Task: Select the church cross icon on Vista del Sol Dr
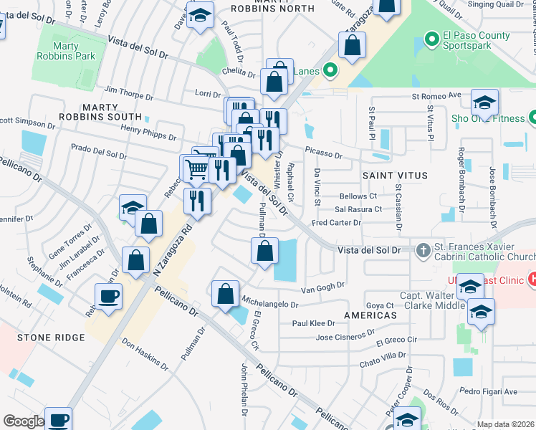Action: click(423, 250)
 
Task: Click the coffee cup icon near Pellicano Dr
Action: click(109, 297)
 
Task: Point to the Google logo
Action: click(23, 421)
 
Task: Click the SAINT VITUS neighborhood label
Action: click(394, 175)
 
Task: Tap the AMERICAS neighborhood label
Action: click(370, 315)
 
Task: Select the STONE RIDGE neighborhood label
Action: click(42, 337)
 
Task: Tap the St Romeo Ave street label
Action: click(436, 95)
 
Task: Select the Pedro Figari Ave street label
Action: click(488, 391)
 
